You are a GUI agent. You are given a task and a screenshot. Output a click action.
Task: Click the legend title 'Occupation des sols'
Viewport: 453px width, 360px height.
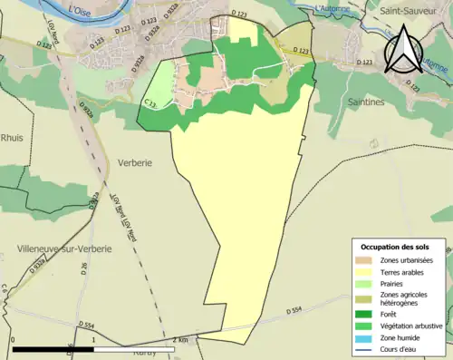pyautogui.click(x=397, y=247)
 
